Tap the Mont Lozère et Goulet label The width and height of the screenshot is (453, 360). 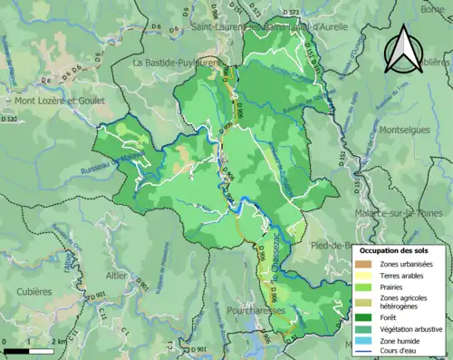[52, 102]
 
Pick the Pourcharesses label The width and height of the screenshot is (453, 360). [253, 309]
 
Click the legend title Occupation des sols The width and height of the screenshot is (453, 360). [400, 249]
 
